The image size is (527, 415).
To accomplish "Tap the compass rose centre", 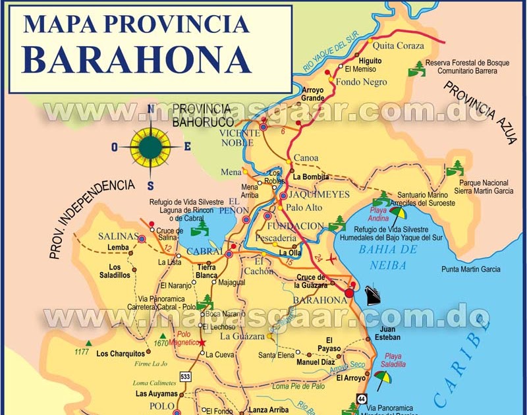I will click(150, 147).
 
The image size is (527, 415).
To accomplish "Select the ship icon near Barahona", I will click(373, 294).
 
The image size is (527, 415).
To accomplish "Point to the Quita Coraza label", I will click(399, 46).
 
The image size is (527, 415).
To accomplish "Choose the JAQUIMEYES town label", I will click(314, 196).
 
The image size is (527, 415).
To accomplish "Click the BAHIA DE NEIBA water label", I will click(388, 257).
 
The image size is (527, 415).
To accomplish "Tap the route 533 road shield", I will click(186, 377).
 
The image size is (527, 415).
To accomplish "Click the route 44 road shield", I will click(362, 399).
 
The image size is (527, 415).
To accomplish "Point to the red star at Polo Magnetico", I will click(203, 343).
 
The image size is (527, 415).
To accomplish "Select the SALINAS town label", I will click(119, 236).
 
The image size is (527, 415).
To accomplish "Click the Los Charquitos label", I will click(121, 354).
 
